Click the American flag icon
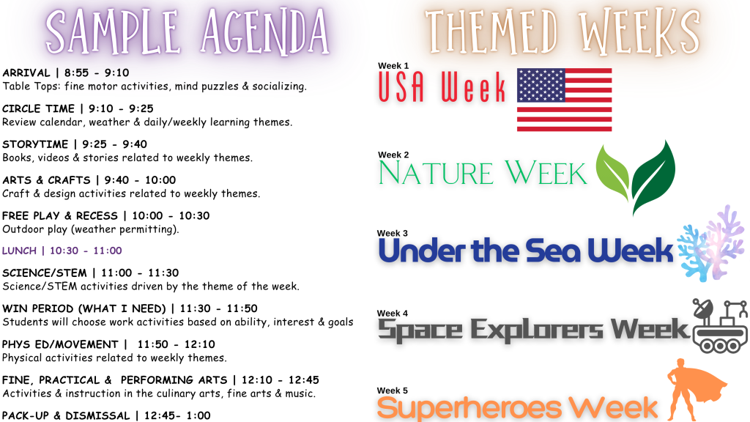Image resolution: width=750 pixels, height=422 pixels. coord(565,100)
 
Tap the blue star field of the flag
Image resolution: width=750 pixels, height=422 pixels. coord(541,85)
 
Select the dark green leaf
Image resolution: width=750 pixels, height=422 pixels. coord(653,178)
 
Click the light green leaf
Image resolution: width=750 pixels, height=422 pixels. coord(613,172)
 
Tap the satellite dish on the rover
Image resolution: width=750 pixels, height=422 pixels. coord(703,308)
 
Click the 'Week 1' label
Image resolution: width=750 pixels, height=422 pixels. coord(393,65)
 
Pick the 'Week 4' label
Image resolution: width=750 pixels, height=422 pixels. coord(393,314)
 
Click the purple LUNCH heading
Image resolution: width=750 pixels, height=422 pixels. coord(62,251)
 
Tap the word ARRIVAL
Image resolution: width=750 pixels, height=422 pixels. coord(26,73)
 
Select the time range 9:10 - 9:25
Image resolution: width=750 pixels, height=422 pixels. coord(121,108)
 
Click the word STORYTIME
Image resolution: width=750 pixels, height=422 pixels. coord(35,144)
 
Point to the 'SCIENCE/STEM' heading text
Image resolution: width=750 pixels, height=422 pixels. coord(45,273)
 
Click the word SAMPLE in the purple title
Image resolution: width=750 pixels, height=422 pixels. coord(113,32)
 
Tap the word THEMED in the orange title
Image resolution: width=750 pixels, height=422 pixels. coord(491,32)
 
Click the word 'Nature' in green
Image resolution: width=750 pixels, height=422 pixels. coord(436,173)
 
